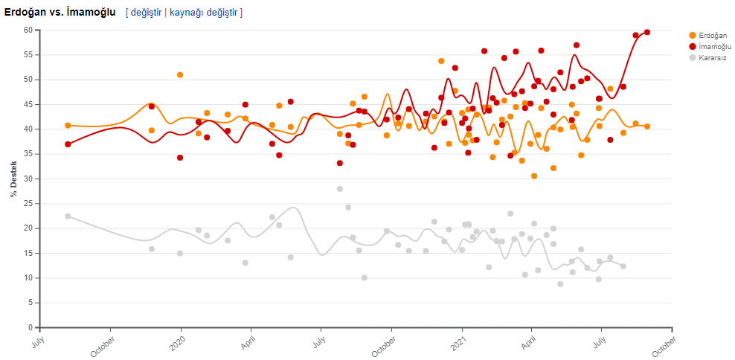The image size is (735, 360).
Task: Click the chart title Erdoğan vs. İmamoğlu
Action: pyautogui.click(x=60, y=12)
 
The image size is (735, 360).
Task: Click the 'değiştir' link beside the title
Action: pyautogui.click(x=147, y=12)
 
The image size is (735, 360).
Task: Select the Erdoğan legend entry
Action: pyautogui.click(x=712, y=35)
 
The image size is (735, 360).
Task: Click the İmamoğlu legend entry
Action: pyautogui.click(x=713, y=46)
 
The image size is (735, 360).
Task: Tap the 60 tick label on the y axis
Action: pyautogui.click(x=28, y=30)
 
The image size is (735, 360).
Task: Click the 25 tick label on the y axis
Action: pyautogui.click(x=28, y=203)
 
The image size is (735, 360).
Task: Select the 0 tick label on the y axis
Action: pyautogui.click(x=31, y=327)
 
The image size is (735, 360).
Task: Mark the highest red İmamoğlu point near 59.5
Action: pyautogui.click(x=647, y=32)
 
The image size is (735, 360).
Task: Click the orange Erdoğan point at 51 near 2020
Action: pyautogui.click(x=180, y=75)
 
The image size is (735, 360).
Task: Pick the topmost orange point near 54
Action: pyautogui.click(x=441, y=61)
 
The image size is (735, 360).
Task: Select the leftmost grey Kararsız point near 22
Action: pyautogui.click(x=68, y=216)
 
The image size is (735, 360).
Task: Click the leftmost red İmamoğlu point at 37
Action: pyautogui.click(x=68, y=144)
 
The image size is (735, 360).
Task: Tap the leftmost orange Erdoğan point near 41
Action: pyautogui.click(x=68, y=125)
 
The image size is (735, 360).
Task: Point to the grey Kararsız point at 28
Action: pyautogui.click(x=340, y=189)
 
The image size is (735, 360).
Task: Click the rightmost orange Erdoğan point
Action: pyautogui.click(x=647, y=126)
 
